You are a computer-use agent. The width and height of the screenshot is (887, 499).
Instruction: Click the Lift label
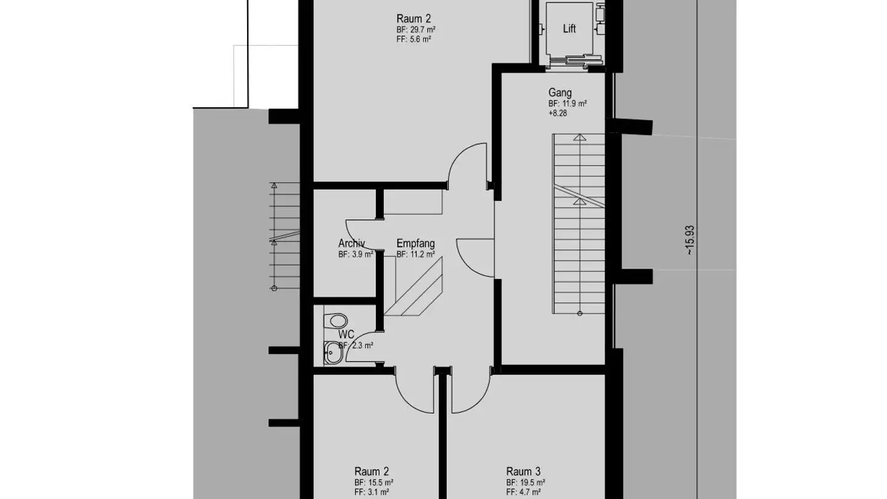[569, 28]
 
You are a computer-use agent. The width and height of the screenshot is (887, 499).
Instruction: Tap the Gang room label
[560, 92]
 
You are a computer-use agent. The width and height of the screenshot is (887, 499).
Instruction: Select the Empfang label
[415, 243]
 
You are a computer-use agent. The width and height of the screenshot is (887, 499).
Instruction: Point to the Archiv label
[351, 243]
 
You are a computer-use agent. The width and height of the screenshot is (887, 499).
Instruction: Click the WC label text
[346, 335]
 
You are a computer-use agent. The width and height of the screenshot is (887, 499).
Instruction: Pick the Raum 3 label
[523, 472]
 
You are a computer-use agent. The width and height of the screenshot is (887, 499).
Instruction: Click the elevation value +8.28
[557, 113]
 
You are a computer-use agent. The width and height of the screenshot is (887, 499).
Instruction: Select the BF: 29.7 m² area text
[416, 30]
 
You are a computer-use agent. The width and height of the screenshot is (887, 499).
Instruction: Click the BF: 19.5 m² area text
[525, 483]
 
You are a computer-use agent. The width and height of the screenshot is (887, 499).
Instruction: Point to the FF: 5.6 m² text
[414, 39]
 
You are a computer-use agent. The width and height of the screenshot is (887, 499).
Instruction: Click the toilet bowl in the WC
[336, 321]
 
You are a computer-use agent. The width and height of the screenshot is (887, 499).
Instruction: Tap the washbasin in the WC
[333, 352]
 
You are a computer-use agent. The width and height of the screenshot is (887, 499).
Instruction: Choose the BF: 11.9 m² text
[567, 103]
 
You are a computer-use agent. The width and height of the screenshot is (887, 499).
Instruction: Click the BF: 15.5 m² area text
[373, 483]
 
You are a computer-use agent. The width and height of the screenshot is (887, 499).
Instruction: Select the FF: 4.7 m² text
[524, 492]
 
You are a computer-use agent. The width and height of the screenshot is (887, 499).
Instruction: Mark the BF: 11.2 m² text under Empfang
[416, 254]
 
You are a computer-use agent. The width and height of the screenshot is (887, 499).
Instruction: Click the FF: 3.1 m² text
[371, 492]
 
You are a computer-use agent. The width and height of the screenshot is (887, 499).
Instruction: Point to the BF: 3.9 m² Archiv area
[355, 254]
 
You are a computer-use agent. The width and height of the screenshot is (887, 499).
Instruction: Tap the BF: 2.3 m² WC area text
[355, 346]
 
